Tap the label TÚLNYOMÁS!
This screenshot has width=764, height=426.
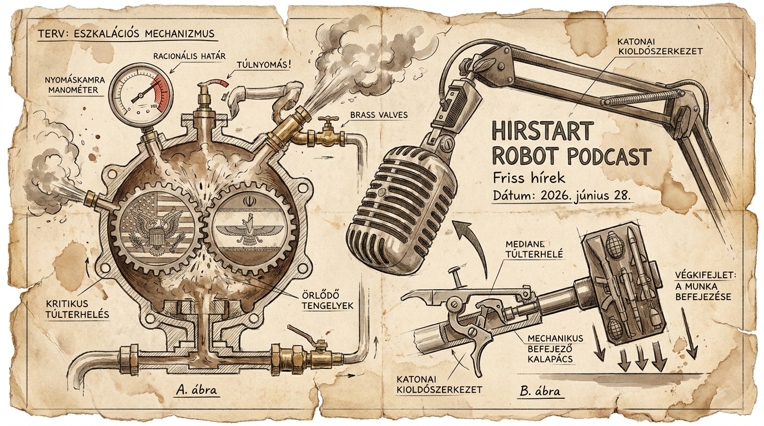[265, 64]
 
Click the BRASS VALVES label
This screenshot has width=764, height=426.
[379, 115]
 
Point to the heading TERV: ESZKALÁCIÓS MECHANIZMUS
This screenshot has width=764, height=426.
[126, 34]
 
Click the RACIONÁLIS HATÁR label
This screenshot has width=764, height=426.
[190, 56]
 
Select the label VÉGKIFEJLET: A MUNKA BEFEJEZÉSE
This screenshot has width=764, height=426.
[705, 286]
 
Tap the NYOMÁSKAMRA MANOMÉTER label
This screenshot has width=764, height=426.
[75, 85]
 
